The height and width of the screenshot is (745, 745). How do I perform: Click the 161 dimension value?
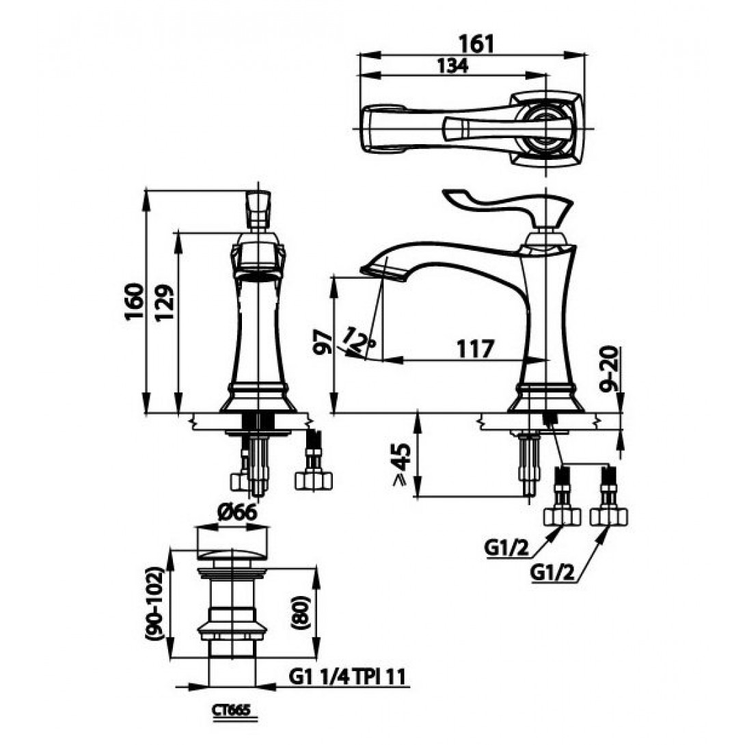[476, 44]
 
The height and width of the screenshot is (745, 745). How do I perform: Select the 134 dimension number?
[452, 66]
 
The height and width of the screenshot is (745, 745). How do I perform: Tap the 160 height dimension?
[134, 301]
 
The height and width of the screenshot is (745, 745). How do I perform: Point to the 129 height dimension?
[165, 303]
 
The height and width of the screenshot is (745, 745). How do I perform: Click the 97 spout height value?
[323, 341]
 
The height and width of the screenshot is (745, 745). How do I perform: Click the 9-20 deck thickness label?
[608, 369]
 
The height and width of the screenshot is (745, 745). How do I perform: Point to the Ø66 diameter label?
[238, 512]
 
